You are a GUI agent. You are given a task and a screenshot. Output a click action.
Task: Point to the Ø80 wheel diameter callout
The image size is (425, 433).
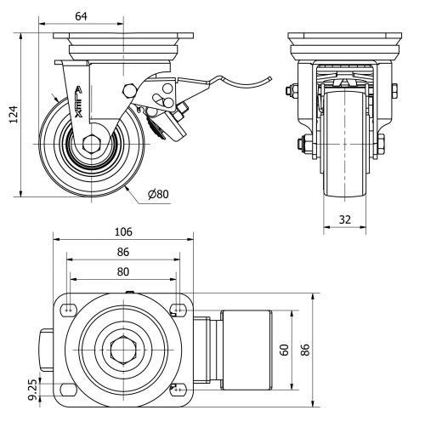(158, 194)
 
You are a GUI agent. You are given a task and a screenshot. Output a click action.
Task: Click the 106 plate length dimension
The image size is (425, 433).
(124, 232)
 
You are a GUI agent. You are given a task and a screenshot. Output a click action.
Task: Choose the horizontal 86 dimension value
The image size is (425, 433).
(122, 253)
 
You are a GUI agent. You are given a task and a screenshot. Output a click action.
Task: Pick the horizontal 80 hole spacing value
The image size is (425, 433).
(122, 272)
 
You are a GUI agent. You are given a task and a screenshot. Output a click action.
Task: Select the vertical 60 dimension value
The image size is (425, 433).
(286, 350)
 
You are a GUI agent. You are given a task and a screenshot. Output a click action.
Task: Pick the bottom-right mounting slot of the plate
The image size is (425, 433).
(178, 390)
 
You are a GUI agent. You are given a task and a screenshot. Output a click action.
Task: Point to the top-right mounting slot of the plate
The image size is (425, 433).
(178, 309)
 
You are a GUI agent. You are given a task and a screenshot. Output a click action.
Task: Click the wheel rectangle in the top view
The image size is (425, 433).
(246, 350)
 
